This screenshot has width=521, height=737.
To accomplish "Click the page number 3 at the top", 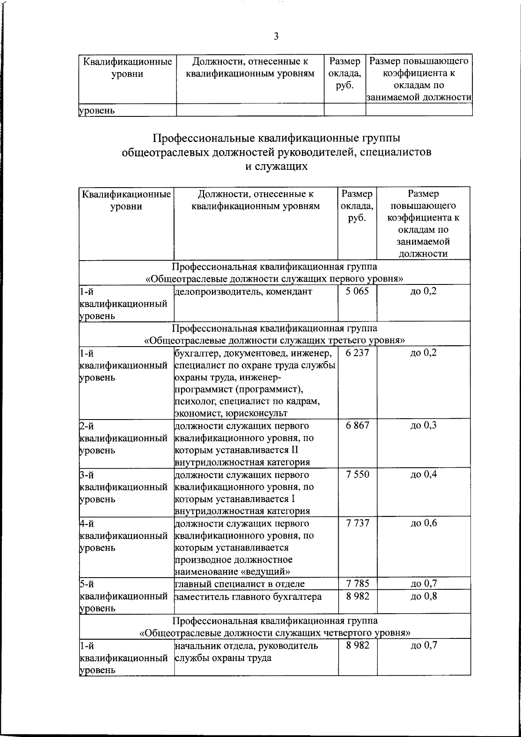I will click(276, 36).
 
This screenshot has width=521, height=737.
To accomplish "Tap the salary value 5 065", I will click(358, 291).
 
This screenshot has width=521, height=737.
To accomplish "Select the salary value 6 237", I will click(358, 353).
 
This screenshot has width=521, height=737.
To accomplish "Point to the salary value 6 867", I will click(358, 425).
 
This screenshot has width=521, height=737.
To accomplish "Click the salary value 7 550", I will click(358, 474).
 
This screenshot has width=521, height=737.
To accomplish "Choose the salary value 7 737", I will click(358, 523).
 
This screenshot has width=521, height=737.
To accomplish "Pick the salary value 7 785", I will click(358, 584).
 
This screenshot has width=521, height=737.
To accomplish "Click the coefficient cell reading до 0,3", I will click(423, 425).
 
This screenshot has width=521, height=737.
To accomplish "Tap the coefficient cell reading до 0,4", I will click(423, 474).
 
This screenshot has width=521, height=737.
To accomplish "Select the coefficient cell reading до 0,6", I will click(423, 523).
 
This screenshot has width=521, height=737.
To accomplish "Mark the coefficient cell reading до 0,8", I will click(423, 596).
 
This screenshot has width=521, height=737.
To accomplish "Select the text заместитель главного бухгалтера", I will click(248, 597).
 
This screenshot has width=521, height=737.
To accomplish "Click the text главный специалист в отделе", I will click(240, 584).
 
